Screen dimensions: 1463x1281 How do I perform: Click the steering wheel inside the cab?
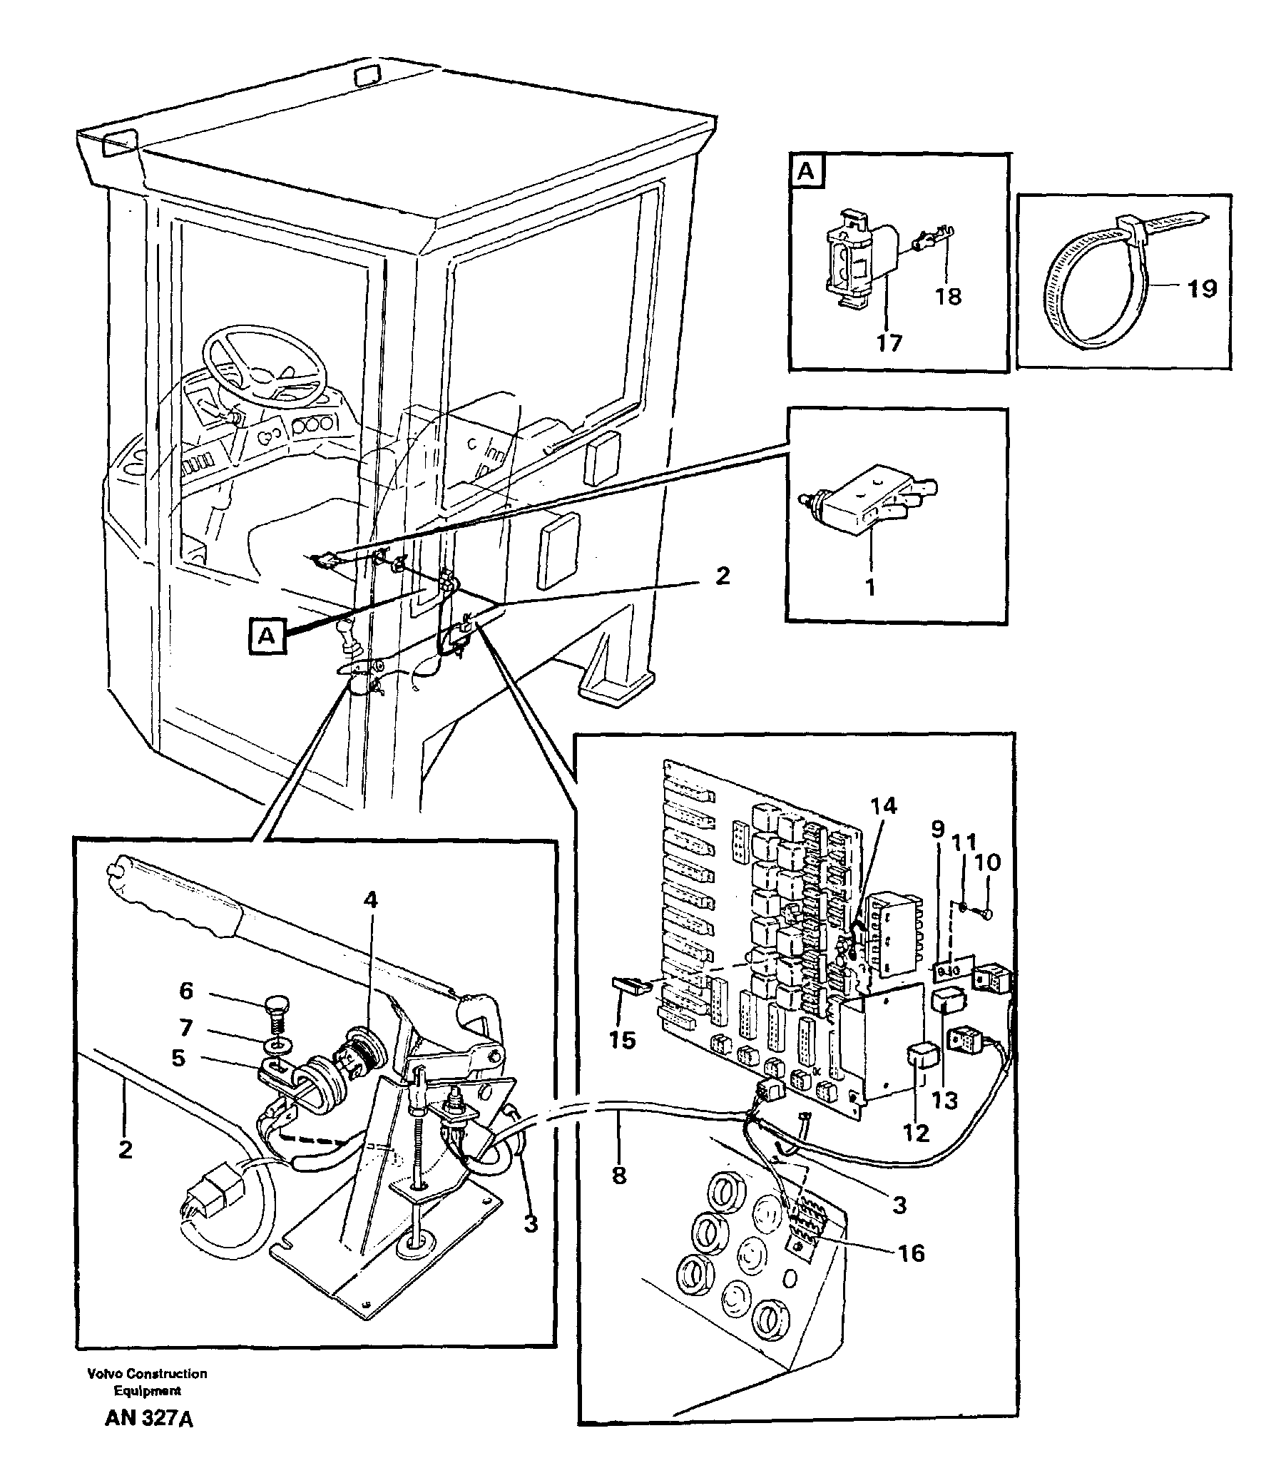point(264,365)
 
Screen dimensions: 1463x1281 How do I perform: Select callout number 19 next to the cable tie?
point(1202,289)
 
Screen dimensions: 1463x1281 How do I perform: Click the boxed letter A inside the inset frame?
point(806,172)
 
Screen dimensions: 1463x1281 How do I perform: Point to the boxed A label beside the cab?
point(267,636)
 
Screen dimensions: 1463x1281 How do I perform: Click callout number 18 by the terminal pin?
point(949,296)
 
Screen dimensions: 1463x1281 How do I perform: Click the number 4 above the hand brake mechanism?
point(369,899)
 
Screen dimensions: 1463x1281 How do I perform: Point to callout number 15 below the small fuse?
point(622,1040)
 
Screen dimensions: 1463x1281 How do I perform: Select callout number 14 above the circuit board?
point(883,806)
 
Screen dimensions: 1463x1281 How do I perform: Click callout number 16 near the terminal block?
point(912,1253)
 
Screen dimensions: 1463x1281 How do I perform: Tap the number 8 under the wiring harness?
point(619,1175)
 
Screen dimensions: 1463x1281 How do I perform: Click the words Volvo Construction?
point(147,1373)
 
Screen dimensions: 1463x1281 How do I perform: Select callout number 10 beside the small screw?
point(988,862)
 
